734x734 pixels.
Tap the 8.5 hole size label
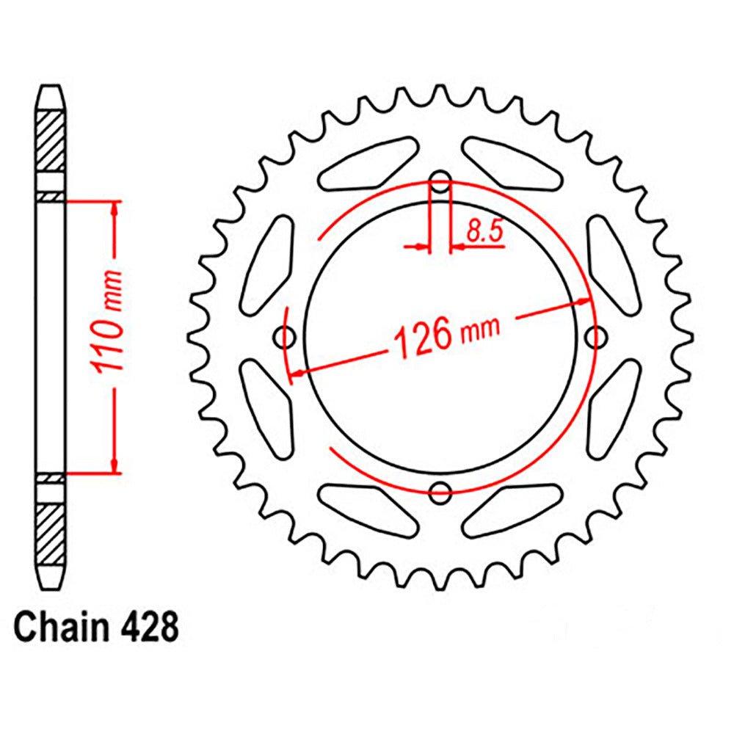click(483, 233)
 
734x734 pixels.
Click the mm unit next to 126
click(480, 327)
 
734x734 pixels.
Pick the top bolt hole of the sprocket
click(440, 183)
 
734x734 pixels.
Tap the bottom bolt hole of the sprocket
click(440, 493)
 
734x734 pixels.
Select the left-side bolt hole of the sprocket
click(285, 338)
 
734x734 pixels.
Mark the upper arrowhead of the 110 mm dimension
click(114, 208)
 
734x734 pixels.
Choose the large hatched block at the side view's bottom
click(51, 530)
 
